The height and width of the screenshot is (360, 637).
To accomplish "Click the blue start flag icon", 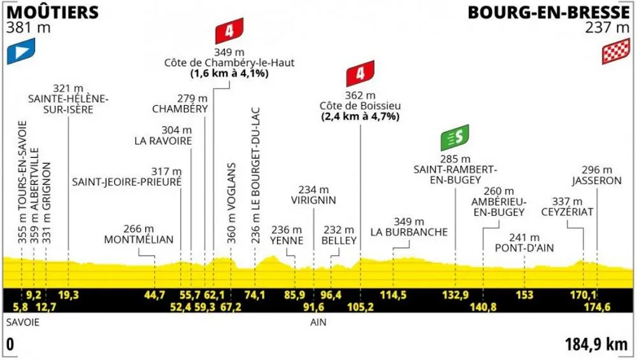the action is [x=21, y=51].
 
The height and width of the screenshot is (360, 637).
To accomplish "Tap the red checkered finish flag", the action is [x=616, y=51].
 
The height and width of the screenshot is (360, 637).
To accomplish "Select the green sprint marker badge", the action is [x=455, y=138].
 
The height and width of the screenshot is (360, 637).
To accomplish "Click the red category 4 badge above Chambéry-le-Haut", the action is [x=229, y=31].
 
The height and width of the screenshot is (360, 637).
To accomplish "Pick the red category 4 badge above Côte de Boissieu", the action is [x=361, y=73].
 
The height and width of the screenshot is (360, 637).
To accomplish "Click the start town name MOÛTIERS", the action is [x=53, y=11].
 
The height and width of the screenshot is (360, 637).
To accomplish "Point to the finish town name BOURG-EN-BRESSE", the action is [x=549, y=12].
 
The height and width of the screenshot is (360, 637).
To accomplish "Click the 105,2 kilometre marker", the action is [x=361, y=306].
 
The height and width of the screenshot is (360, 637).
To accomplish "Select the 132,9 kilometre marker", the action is [x=455, y=294].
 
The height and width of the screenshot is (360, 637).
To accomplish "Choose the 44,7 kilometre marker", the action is [x=154, y=294].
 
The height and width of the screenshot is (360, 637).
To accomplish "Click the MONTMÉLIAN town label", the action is [x=139, y=240].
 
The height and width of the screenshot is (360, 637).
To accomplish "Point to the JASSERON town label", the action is [x=597, y=180].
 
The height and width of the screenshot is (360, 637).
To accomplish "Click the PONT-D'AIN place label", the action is [x=524, y=247].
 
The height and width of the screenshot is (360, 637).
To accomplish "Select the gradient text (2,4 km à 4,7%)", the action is [x=361, y=117].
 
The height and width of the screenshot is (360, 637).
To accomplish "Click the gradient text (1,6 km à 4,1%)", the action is [x=229, y=73].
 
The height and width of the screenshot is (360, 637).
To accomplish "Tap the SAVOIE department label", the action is [x=23, y=322].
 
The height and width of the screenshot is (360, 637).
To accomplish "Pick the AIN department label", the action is [x=318, y=322].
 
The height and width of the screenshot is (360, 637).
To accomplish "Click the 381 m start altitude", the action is [x=29, y=27].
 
